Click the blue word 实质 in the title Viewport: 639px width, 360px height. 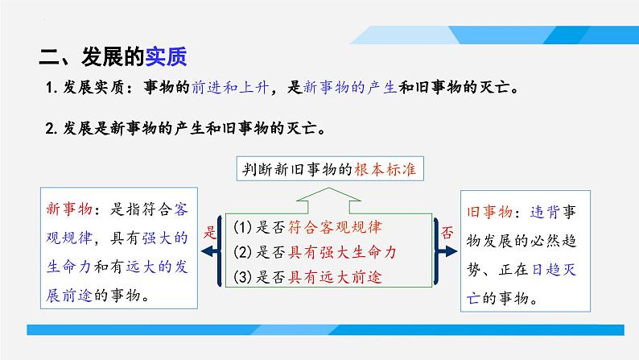tap(166, 56)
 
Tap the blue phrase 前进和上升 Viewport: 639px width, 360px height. tap(230, 87)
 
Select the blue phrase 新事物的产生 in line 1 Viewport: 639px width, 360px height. tap(350, 87)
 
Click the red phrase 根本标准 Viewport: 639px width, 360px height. tap(385, 169)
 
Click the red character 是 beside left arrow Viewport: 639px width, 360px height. tap(209, 232)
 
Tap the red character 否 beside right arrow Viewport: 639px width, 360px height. tap(447, 233)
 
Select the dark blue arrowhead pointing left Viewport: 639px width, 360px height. tap(209, 251)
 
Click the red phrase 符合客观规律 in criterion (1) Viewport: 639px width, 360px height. tap(335, 227)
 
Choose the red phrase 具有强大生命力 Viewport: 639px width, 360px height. tap(342, 252)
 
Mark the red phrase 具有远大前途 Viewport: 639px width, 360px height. tap(335, 278)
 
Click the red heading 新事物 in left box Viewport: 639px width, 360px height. tap(69, 209)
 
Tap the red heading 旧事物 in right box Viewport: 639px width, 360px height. tap(490, 212)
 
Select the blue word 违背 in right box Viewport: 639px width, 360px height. tap(545, 212)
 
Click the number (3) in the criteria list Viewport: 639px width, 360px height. tap(242, 277)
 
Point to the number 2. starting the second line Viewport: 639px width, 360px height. tap(52, 129)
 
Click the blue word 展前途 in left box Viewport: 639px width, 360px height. tap(69, 296)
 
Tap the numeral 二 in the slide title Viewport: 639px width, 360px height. tap(49, 56)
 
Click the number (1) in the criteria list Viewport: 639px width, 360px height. tap(242, 227)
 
